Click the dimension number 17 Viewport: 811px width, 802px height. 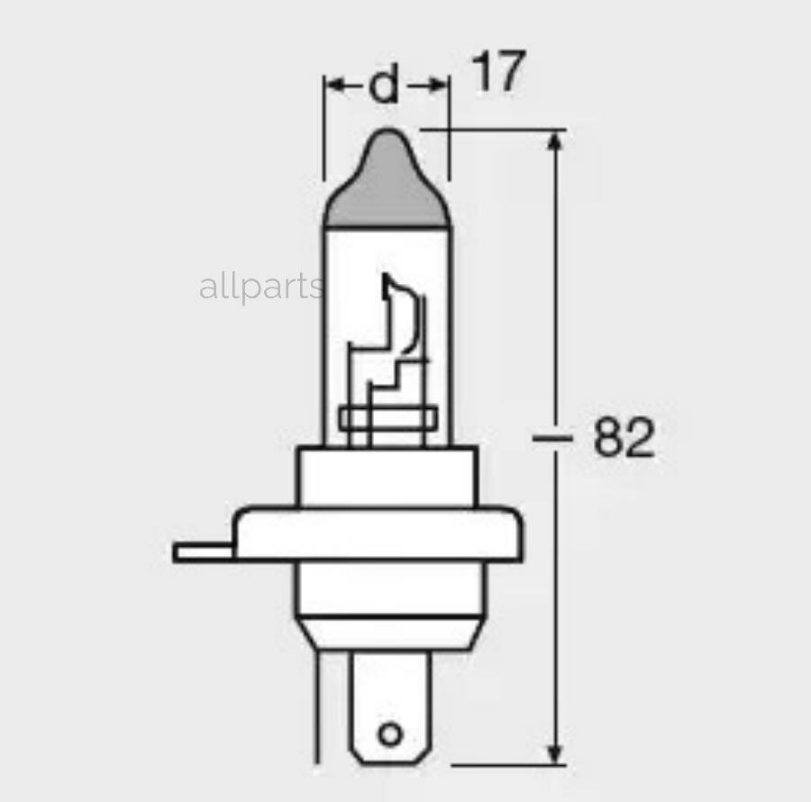coord(497,73)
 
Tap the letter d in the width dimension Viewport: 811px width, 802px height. coord(385,86)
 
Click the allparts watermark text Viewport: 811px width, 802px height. coord(260,287)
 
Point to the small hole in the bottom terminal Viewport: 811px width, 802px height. coord(389,734)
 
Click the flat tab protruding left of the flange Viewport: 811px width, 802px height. coord(204,552)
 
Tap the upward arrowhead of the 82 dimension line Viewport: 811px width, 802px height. coord(556,144)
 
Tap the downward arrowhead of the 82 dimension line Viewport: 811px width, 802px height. coord(556,750)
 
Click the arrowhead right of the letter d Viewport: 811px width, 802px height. coord(438,86)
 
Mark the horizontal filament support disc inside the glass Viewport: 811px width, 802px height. coord(386,419)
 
